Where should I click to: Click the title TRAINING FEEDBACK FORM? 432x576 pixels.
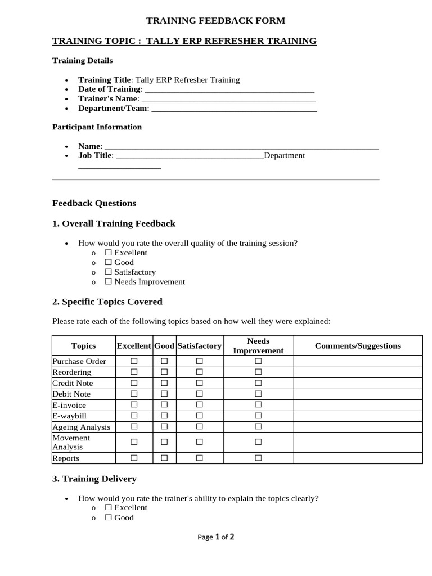(215, 21)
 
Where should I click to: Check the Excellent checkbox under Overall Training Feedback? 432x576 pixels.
(109, 253)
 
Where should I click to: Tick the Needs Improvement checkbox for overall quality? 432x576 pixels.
(109, 282)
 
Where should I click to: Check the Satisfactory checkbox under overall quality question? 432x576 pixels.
(109, 272)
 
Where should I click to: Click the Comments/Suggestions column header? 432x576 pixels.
(358, 346)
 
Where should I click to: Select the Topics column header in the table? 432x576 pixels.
(83, 346)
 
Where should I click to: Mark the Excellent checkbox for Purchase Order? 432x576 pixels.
(134, 361)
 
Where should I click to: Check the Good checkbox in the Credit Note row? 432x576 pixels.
(164, 383)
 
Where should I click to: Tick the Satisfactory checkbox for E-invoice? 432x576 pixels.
(199, 405)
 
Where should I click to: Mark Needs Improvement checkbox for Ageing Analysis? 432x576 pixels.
(258, 427)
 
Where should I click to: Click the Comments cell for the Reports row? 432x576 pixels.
(358, 458)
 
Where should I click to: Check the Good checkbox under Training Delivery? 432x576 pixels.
(109, 518)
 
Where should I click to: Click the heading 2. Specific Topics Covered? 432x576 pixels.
(107, 302)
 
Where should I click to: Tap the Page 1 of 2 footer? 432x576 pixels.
(215, 537)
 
